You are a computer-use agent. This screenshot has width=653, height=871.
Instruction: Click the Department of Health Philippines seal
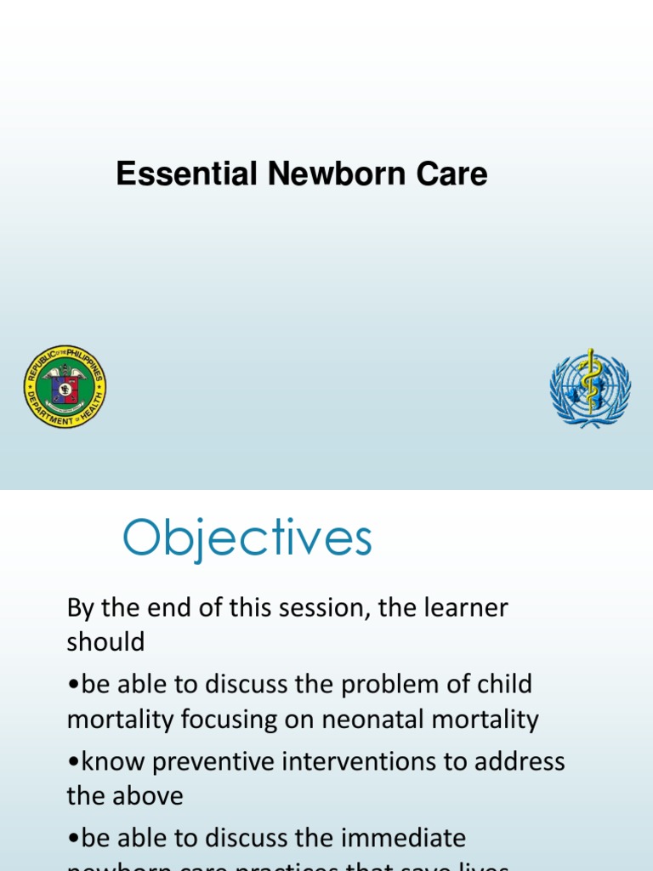[x=65, y=387]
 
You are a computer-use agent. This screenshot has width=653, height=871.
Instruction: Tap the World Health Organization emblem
[x=589, y=387]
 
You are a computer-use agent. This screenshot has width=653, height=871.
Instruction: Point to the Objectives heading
[x=247, y=539]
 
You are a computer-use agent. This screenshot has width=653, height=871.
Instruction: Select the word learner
[x=462, y=608]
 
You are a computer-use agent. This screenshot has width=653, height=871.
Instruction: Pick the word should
[x=105, y=642]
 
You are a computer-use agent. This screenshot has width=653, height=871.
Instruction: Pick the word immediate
[x=403, y=838]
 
